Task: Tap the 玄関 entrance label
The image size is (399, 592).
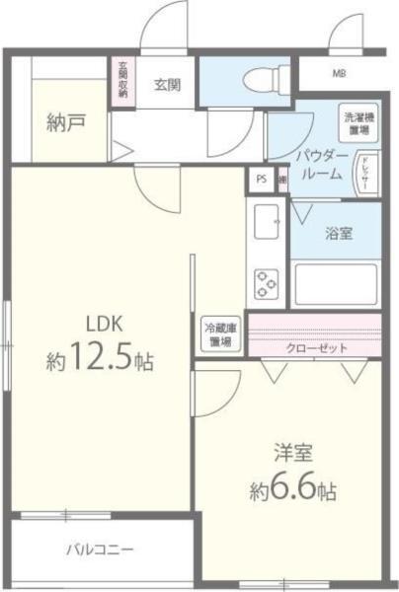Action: click(x=166, y=84)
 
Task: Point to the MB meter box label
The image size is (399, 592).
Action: click(x=339, y=73)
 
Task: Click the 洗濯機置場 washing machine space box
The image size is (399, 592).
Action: click(x=357, y=123)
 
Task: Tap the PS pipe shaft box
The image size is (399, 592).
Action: click(x=261, y=179)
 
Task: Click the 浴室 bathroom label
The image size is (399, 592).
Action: click(x=340, y=233)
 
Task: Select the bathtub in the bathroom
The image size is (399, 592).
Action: click(x=336, y=283)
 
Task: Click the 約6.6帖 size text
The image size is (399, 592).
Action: click(x=292, y=490)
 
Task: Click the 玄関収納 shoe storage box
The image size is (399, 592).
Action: click(x=123, y=83)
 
